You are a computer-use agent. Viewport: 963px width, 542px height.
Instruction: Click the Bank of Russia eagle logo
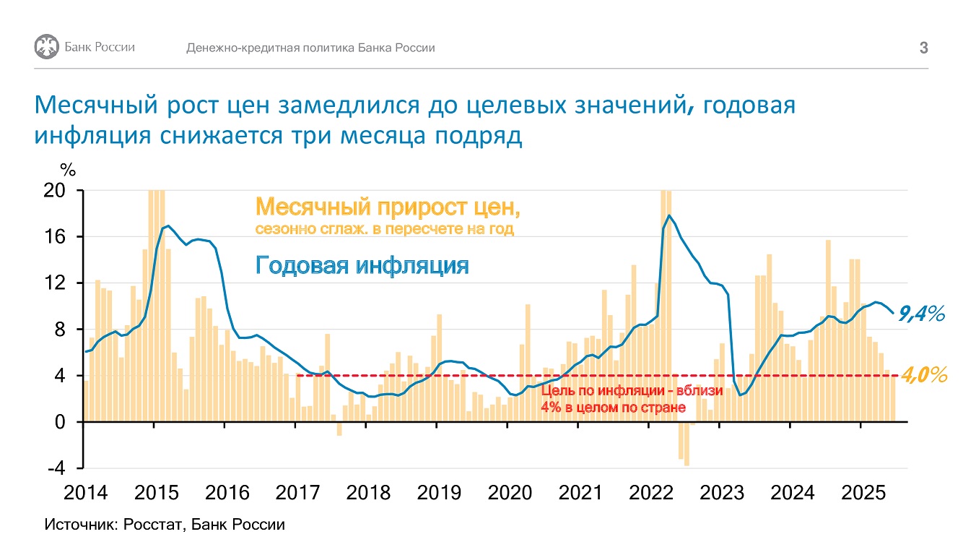[46, 46]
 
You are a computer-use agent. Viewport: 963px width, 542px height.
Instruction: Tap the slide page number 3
[923, 48]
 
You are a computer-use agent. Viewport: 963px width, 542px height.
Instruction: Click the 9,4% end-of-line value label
[921, 314]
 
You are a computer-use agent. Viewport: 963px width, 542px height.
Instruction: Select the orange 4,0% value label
[924, 375]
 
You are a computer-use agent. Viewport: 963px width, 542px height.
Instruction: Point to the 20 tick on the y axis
[55, 190]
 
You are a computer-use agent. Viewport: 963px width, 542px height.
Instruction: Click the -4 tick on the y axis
[56, 468]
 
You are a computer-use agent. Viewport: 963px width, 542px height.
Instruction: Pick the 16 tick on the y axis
[55, 236]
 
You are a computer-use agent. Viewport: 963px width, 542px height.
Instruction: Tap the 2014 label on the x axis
[86, 493]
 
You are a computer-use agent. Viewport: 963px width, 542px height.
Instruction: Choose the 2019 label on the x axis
[439, 493]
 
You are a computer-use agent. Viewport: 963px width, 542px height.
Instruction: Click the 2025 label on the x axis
[863, 493]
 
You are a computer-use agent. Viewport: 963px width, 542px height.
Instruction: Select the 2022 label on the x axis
[651, 493]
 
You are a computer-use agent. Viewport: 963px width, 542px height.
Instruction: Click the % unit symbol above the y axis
[68, 171]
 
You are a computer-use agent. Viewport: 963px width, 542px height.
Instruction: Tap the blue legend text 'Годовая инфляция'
[362, 265]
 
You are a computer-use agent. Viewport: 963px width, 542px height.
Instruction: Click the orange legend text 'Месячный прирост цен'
[388, 207]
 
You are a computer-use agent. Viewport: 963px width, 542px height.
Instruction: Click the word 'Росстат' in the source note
[152, 525]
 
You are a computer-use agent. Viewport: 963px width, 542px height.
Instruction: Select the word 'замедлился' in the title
[349, 105]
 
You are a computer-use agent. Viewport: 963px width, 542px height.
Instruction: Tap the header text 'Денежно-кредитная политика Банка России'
[310, 48]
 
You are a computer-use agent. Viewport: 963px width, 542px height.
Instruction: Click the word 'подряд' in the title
[479, 136]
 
